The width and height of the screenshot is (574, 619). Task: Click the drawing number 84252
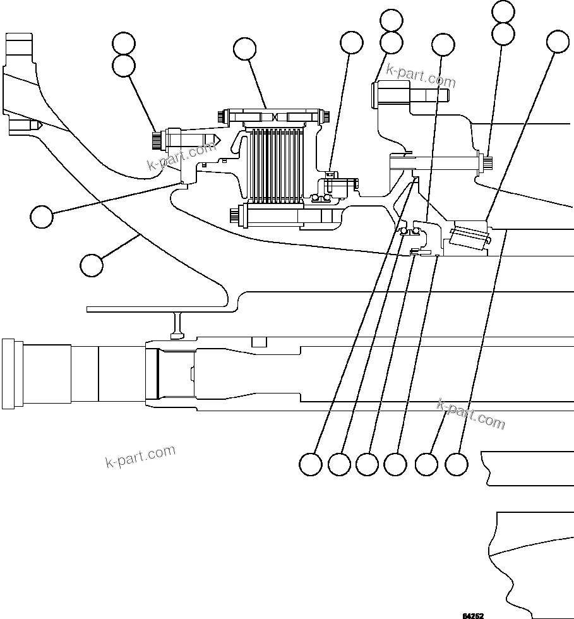473,615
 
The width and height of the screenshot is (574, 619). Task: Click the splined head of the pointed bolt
157,140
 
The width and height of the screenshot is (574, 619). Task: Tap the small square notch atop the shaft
258,342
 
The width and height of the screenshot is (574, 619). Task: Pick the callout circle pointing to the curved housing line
92,265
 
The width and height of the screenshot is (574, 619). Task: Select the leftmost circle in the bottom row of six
310,464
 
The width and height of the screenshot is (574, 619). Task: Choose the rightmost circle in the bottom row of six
457,464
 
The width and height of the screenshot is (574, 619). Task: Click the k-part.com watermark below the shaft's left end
140,456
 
